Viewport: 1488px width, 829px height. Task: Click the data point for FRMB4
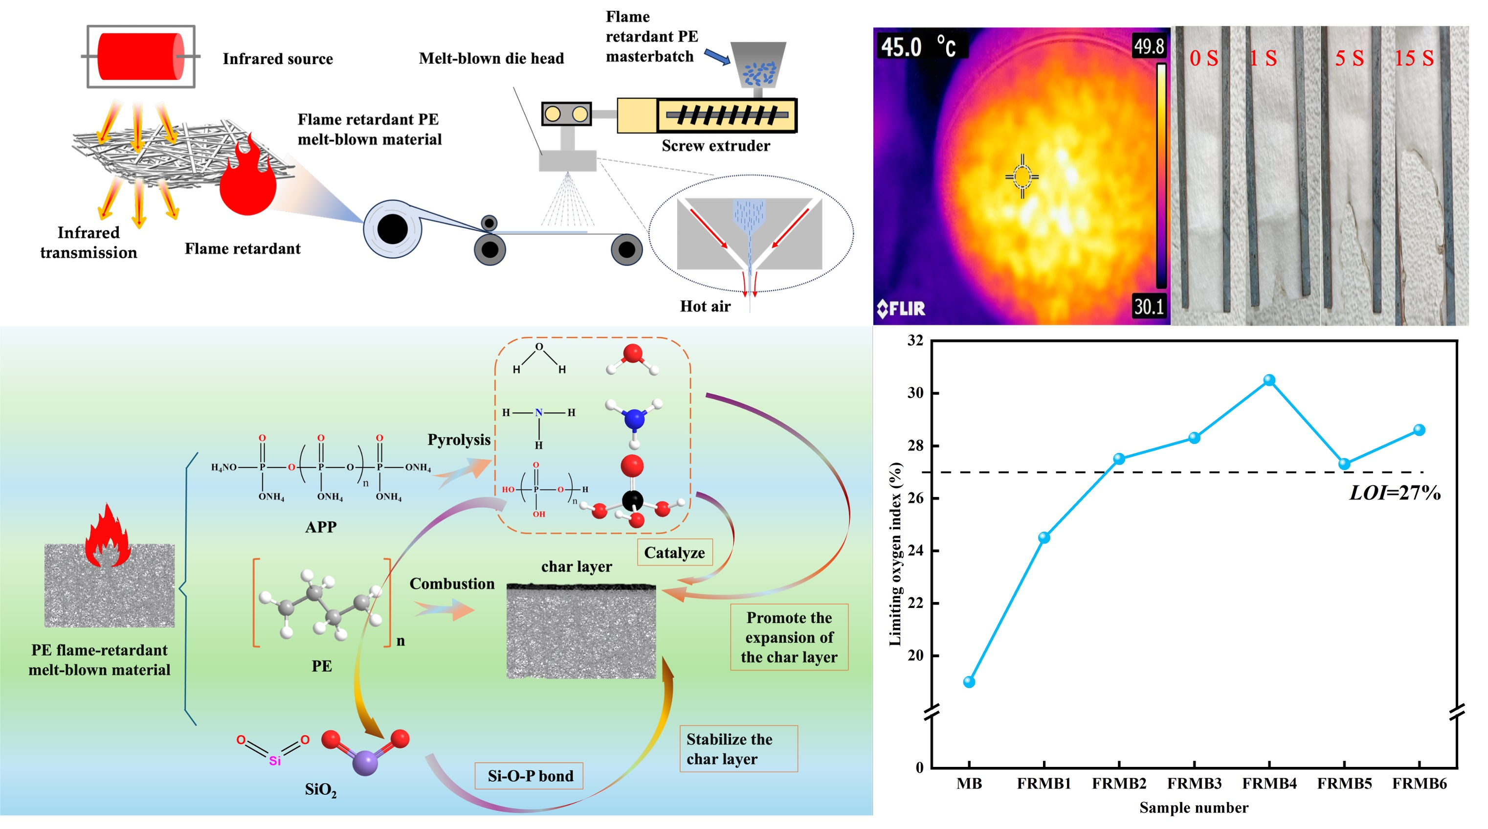pyautogui.click(x=1268, y=380)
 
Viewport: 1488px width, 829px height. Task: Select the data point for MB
pyautogui.click(x=969, y=682)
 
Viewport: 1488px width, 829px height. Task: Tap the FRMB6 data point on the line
pyautogui.click(x=1419, y=430)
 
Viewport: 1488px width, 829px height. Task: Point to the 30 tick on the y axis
pyautogui.click(x=915, y=393)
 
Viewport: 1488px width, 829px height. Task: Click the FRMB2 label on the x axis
pyautogui.click(x=1119, y=784)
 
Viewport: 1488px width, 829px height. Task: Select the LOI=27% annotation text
pyautogui.click(x=1395, y=493)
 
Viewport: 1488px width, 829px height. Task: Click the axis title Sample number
pyautogui.click(x=1194, y=807)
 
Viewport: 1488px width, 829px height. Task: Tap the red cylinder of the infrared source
pyautogui.click(x=140, y=57)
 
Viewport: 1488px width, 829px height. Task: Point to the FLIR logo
pyautogui.click(x=901, y=309)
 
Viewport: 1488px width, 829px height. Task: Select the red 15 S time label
pyautogui.click(x=1414, y=58)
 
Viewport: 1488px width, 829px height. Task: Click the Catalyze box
pyautogui.click(x=674, y=553)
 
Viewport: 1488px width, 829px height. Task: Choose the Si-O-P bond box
pyautogui.click(x=530, y=776)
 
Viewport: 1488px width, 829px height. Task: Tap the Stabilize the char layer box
pyautogui.click(x=738, y=749)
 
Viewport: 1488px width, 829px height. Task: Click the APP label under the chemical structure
pyautogui.click(x=321, y=527)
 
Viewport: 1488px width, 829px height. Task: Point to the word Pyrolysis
pyautogui.click(x=459, y=440)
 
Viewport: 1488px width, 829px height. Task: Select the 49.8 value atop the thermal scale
pyautogui.click(x=1148, y=45)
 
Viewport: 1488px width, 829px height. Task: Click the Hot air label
pyautogui.click(x=705, y=306)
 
